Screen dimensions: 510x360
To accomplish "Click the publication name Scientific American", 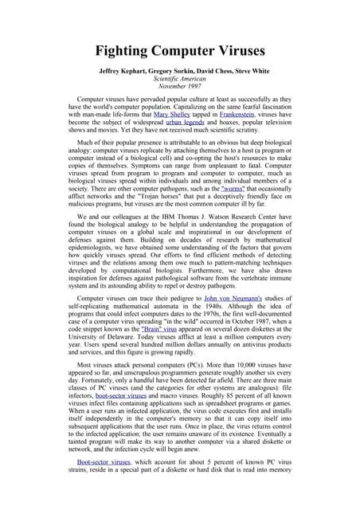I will coord(179,80).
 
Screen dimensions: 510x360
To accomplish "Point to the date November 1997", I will coord(179,88).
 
